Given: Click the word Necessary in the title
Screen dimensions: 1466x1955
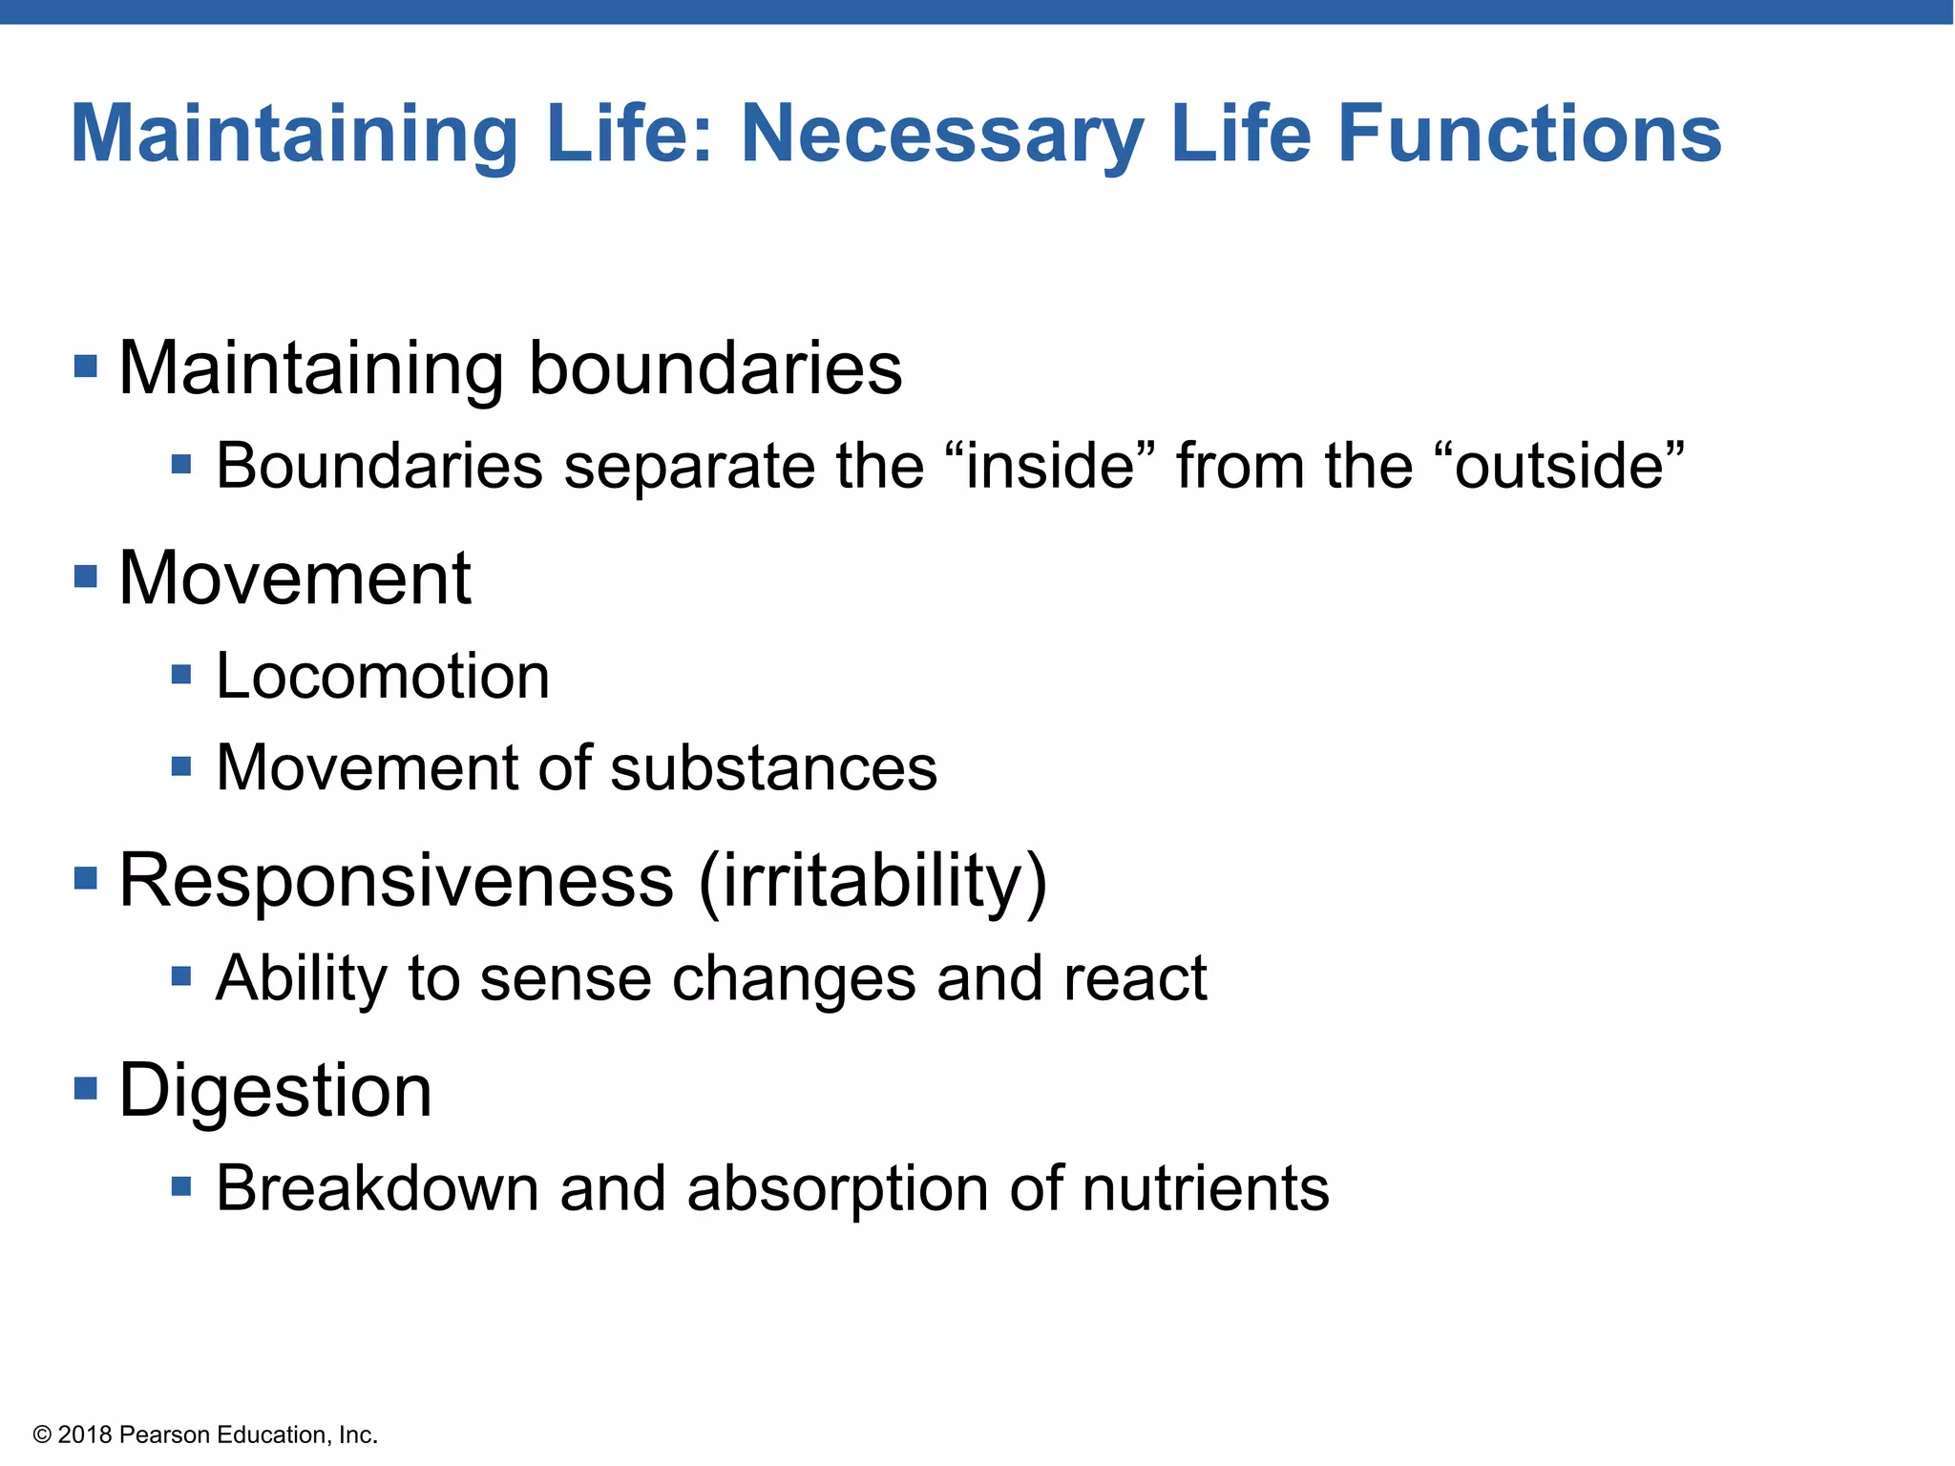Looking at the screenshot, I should pos(942,136).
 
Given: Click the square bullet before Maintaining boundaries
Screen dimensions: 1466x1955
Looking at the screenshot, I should pos(86,366).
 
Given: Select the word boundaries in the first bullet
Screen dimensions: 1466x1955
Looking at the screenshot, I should pos(715,368).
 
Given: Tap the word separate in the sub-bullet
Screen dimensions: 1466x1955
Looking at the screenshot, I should pos(688,468).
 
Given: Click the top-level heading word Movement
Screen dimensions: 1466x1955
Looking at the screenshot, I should pos(294,578).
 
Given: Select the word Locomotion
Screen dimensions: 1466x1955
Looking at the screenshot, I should pos(383,677).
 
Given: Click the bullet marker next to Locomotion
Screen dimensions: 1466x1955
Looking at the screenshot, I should pos(181,676).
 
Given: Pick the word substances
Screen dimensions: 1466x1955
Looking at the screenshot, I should pos(773,768).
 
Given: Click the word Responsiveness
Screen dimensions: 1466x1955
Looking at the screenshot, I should pos(396,880).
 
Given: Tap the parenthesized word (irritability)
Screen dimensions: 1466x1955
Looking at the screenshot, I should pos(872,882).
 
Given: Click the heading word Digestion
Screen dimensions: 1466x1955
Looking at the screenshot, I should pos(275,1091).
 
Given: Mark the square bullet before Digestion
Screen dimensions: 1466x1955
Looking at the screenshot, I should pos(86,1088).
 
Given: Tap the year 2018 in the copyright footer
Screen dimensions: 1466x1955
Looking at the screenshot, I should pos(85,1435).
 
